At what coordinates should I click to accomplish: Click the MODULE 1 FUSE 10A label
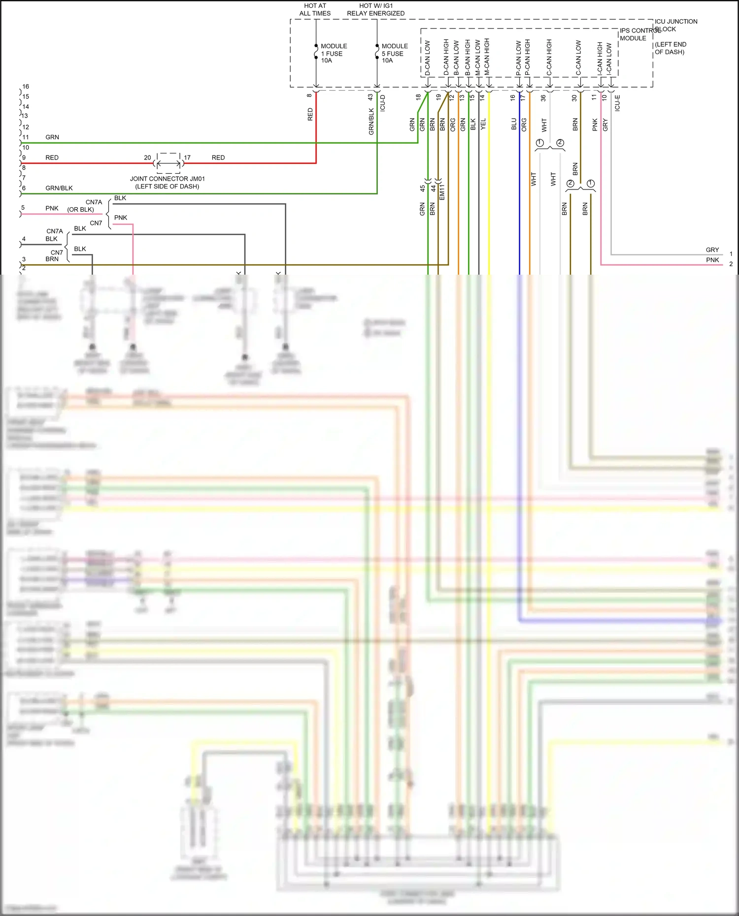click(334, 53)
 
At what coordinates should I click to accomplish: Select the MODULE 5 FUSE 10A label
click(394, 53)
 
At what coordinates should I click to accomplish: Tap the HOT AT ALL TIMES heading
click(315, 9)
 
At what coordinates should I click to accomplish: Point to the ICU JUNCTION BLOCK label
click(675, 25)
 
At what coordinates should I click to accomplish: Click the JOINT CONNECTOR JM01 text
click(167, 179)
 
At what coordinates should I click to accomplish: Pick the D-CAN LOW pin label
click(428, 58)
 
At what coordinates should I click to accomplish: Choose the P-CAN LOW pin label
click(519, 58)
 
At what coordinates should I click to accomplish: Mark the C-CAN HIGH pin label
click(549, 58)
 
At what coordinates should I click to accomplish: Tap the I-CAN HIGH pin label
click(600, 59)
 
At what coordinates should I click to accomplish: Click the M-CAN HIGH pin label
click(487, 57)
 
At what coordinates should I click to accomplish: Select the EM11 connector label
click(442, 191)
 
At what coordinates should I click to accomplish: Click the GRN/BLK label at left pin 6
click(59, 188)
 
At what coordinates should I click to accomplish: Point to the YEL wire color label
click(483, 124)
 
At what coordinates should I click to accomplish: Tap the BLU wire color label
click(514, 124)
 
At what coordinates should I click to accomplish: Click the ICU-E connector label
click(618, 103)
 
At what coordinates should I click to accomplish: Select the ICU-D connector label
click(383, 103)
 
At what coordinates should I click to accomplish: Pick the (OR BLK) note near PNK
click(81, 210)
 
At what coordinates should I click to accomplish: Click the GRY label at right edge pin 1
click(712, 250)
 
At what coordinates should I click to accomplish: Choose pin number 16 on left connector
click(26, 87)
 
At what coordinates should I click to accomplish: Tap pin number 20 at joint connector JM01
click(147, 158)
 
